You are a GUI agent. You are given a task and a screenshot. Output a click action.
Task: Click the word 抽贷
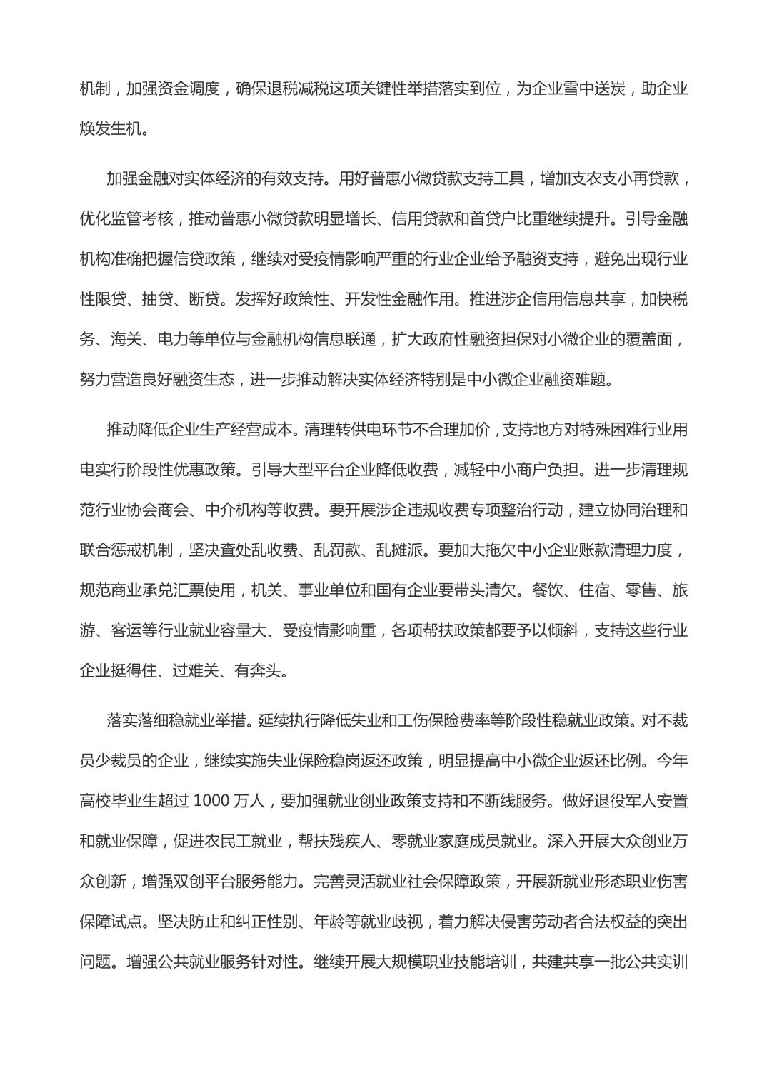click(x=157, y=298)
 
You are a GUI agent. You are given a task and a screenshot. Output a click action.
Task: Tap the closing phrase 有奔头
click(x=257, y=670)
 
